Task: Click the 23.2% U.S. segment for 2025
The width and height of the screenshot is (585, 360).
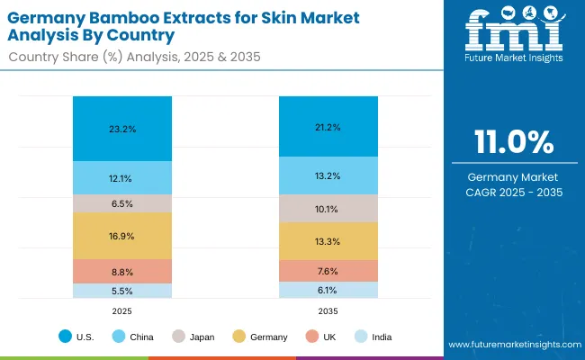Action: [x=122, y=129]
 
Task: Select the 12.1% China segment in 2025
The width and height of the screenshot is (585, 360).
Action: [x=122, y=177]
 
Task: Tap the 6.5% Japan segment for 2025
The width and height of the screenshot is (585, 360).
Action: [x=122, y=203]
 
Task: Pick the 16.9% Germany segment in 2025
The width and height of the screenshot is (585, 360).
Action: [x=122, y=237]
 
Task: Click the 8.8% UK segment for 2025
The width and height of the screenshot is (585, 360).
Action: [x=122, y=272]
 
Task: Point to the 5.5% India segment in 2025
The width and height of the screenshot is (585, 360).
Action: [x=122, y=291]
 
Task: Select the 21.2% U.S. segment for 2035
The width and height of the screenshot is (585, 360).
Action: [x=328, y=127]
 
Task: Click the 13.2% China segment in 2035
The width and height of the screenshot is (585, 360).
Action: [x=328, y=175]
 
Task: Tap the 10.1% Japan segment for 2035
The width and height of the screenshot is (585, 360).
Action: [x=328, y=209]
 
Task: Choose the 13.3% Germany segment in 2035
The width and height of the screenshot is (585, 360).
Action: [x=328, y=241]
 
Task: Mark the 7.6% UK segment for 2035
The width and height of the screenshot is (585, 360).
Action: [x=328, y=271]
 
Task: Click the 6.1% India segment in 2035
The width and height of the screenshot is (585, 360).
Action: [x=328, y=290]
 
